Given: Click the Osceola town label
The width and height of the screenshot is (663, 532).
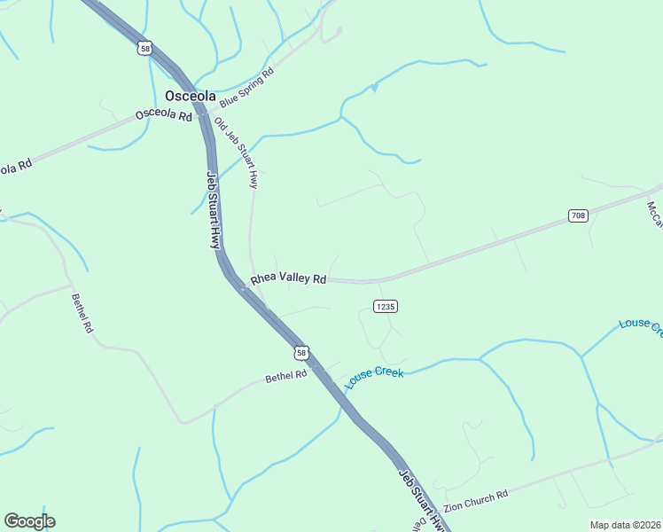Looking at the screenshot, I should pos(191,96).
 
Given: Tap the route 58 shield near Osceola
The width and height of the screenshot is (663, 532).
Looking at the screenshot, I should pos(145,48).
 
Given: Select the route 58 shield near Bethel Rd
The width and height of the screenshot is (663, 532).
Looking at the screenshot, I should pos(302,353).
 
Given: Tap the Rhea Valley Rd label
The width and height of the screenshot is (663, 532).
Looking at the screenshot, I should pos(288,278).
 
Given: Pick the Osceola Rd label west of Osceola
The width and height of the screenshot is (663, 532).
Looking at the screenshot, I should pos(163,116).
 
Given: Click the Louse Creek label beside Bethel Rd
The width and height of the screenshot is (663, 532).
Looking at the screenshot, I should pos(374,378).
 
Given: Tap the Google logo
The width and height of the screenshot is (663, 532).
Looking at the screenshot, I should pos(29,521).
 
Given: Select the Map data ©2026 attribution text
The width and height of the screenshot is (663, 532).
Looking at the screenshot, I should pos(625,525).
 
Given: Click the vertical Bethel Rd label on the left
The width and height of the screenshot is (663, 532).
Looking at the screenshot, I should pos(82,312).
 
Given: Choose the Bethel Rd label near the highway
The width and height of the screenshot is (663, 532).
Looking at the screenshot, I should pos(285,377).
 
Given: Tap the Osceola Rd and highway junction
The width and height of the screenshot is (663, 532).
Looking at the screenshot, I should pos(203,114).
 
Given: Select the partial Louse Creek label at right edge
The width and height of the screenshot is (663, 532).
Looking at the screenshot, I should pos(641,325).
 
